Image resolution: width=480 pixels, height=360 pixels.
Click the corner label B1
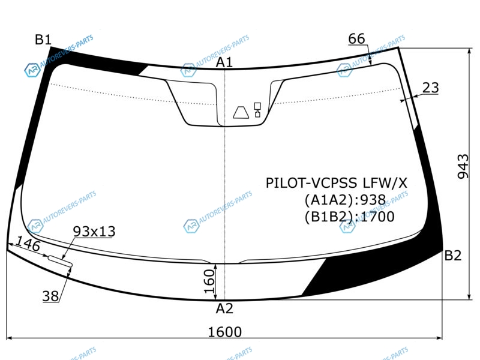[x=43, y=40]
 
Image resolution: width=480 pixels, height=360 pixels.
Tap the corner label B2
[x=453, y=256]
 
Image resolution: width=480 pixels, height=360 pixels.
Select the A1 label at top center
[x=224, y=62]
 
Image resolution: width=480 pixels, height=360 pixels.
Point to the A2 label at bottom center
[x=224, y=308]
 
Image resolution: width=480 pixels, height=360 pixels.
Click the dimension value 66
[x=356, y=39]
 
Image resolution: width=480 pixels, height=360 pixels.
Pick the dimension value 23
[x=430, y=88]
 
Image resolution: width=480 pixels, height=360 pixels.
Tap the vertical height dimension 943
[x=463, y=166]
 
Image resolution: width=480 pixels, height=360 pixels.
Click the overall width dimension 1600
[x=224, y=332]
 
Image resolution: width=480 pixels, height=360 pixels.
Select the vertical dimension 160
[x=209, y=281]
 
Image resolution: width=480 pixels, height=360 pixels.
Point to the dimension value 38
[x=50, y=296]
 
